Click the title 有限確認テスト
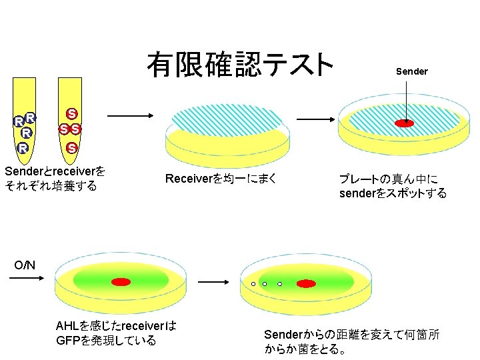(240, 65)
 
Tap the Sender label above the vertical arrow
(411, 71)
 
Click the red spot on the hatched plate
(404, 123)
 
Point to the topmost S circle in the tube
(71, 113)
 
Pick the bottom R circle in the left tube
(23, 147)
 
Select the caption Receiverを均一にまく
(221, 179)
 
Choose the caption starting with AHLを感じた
(116, 333)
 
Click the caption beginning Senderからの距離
(352, 341)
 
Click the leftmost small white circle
(253, 284)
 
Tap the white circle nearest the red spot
(280, 284)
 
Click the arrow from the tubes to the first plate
(130, 117)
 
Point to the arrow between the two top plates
(315, 118)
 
